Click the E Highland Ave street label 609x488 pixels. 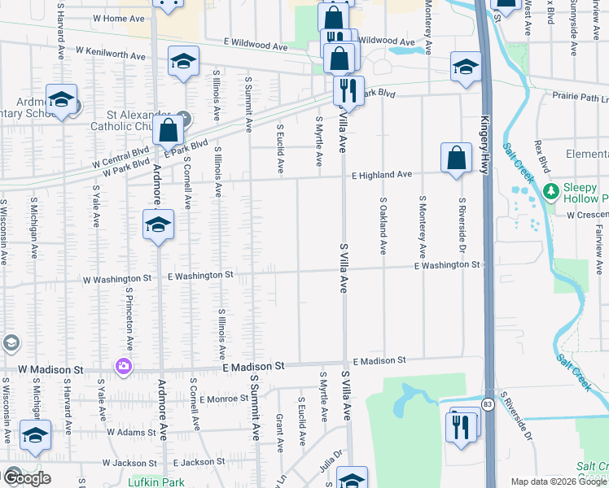(x=382, y=174)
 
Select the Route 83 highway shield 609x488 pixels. (x=487, y=403)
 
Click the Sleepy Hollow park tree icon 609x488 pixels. (x=551, y=192)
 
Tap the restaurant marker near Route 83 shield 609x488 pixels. (x=462, y=425)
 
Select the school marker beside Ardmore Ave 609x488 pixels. (x=158, y=225)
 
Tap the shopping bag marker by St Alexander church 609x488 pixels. (x=168, y=129)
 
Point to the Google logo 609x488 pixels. (x=26, y=478)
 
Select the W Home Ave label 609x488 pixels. (x=119, y=17)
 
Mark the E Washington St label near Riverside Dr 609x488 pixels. (x=446, y=265)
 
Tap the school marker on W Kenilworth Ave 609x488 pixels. (x=183, y=62)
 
